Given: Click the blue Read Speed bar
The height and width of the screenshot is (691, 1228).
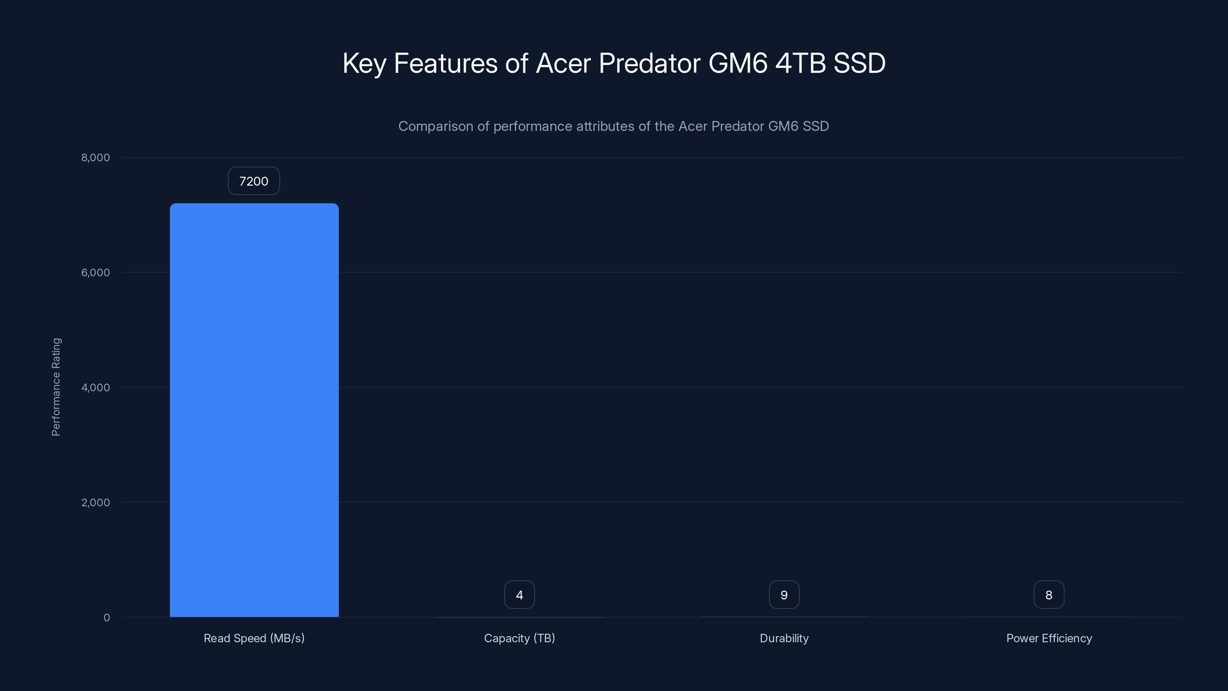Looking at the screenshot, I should click(254, 410).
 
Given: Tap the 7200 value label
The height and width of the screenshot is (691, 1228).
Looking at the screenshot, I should click(254, 181).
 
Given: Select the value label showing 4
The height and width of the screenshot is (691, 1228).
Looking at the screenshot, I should click(519, 595).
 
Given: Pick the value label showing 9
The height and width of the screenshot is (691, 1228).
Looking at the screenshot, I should click(784, 595).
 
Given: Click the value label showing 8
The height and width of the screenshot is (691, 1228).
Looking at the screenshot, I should click(1049, 595).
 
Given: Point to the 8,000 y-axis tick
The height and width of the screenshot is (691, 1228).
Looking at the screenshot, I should click(95, 158).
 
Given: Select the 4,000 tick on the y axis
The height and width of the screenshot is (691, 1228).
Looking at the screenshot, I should click(95, 388).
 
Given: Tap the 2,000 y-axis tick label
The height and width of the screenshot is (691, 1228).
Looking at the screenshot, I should click(95, 503).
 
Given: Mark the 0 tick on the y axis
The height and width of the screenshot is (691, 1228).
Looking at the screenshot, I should click(107, 618).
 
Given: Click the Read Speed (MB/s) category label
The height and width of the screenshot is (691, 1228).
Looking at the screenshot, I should click(254, 638).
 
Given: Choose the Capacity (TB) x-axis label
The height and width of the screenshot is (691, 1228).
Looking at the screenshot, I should click(519, 638).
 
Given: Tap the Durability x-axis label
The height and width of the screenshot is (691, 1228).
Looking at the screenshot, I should click(784, 638).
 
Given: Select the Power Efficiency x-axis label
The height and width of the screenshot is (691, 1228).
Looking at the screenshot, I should click(1049, 638).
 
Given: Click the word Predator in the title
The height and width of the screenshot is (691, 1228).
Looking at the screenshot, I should click(649, 63).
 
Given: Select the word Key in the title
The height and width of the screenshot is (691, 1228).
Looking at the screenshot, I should click(364, 63).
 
